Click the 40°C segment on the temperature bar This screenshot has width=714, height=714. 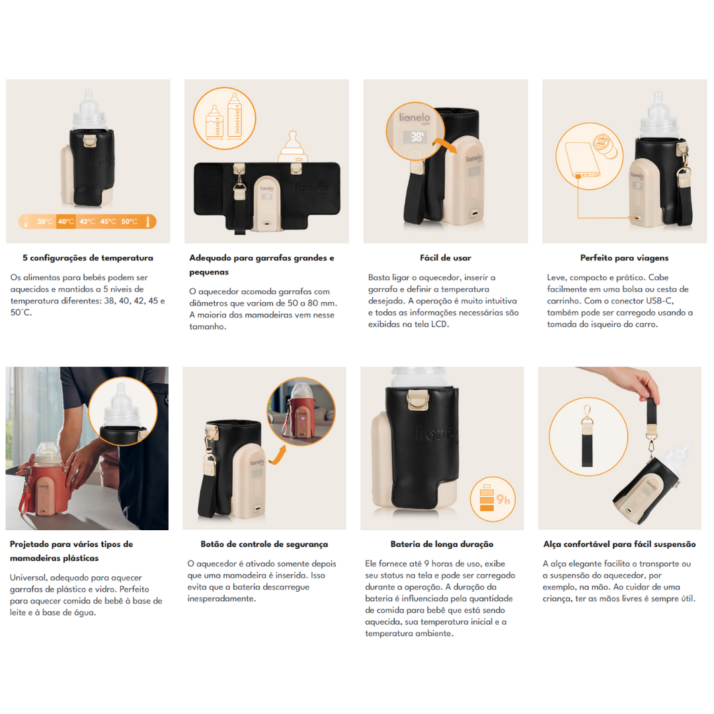point(66,221)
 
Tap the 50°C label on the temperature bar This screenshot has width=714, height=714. point(130,221)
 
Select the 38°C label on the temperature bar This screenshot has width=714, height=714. point(45,221)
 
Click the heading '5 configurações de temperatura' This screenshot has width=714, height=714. point(88,258)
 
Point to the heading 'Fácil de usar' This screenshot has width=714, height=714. point(446,258)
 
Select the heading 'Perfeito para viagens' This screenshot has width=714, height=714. point(624,258)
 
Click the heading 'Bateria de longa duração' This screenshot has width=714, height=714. point(442,544)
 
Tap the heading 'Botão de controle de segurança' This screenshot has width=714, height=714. point(264,544)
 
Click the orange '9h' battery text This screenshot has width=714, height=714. point(502,500)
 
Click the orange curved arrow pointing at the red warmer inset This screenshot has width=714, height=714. point(278,455)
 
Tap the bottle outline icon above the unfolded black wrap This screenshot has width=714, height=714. point(294,147)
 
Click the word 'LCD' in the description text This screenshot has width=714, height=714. point(440,324)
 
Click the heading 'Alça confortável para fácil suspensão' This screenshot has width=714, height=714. point(619,544)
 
